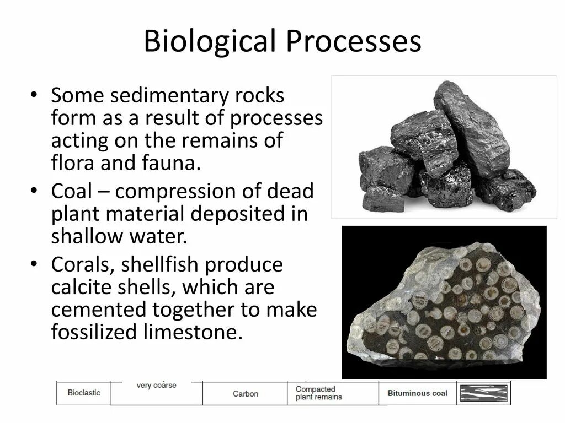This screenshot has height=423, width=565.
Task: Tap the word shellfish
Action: pyautogui.click(x=159, y=265)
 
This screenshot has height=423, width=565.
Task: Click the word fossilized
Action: pyautogui.click(x=94, y=333)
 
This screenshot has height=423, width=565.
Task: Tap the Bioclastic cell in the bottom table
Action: pyautogui.click(x=84, y=393)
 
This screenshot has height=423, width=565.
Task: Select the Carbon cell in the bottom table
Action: pyautogui.click(x=245, y=394)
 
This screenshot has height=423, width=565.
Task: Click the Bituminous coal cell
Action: pyautogui.click(x=417, y=393)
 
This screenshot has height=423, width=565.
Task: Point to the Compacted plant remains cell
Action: pyautogui.click(x=318, y=393)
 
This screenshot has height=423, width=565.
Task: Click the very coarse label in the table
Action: pyautogui.click(x=156, y=386)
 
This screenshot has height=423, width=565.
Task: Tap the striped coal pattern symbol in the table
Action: pyautogui.click(x=483, y=393)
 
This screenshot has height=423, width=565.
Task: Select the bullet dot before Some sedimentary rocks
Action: pyautogui.click(x=34, y=96)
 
